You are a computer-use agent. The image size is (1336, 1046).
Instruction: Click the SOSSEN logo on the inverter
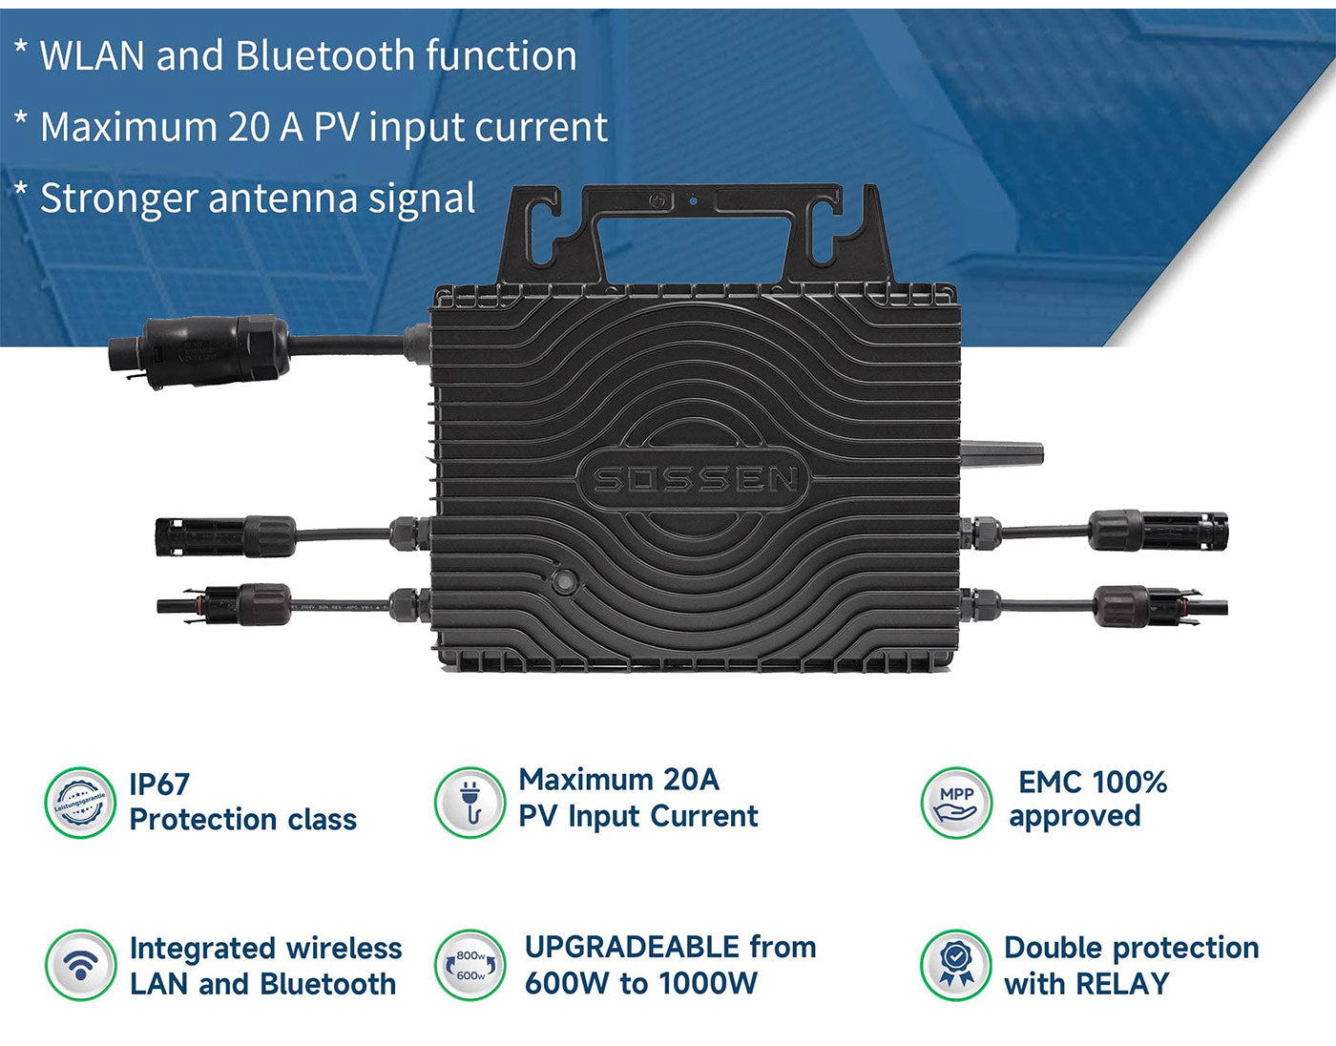click(694, 479)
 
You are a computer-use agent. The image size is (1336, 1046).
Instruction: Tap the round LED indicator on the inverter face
click(564, 581)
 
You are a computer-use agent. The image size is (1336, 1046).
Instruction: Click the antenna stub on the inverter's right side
click(1002, 453)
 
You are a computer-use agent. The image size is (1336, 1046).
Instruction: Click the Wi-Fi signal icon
click(80, 965)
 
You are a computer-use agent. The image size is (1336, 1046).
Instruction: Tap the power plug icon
click(470, 802)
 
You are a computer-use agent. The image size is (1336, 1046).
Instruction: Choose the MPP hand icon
click(956, 802)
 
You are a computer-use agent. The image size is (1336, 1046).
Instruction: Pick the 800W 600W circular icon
click(470, 965)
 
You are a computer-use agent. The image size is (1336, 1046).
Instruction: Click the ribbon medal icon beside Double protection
click(956, 965)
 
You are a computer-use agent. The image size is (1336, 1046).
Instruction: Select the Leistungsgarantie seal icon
click(80, 802)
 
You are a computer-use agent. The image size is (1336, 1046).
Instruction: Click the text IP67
click(159, 784)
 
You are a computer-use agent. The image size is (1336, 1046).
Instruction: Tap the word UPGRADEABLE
click(632, 947)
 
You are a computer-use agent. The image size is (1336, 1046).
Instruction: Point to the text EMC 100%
click(1093, 783)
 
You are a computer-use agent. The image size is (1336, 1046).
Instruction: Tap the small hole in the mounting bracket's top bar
click(693, 201)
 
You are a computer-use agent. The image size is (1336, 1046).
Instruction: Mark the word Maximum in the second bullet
click(128, 127)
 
